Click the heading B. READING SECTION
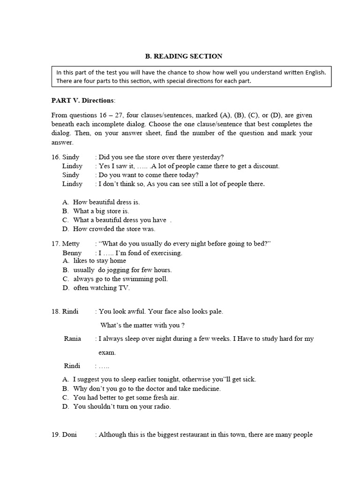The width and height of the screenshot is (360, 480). pos(183,56)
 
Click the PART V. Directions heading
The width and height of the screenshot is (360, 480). pos(82,100)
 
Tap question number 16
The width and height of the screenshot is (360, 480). pos(56,157)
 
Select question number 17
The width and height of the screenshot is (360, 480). pos(56,244)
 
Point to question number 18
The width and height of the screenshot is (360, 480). pos(56,311)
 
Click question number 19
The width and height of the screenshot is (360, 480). pos(56,435)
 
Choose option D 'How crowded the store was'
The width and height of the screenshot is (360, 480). pos(114,229)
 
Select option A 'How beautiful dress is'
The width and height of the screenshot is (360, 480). pos(106,202)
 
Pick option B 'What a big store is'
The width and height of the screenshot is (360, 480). pos(101,211)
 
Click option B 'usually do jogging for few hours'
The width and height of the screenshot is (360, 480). pos(122,270)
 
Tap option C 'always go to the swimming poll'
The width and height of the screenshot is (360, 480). pos(120,279)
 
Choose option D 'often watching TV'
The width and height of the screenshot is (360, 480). pos(101,288)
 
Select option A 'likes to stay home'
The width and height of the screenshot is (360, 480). pos(99,261)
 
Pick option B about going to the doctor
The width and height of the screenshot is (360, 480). pos(147,389)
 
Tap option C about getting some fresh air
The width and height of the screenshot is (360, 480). pos(126,397)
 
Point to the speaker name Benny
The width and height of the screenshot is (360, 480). pos(72,253)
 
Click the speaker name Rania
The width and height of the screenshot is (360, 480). pos(73,338)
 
